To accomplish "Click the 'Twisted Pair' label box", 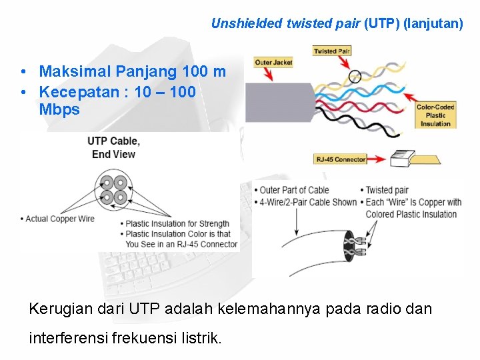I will point(331,51).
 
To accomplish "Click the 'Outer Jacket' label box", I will point(273,63).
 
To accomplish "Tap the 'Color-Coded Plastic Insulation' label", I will point(435,115).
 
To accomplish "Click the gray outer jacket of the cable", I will point(277,102).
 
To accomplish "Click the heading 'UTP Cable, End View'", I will point(113,147).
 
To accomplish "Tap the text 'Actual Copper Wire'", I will point(59,219).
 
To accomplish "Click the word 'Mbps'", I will point(59,109).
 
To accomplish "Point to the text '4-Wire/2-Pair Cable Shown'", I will point(308,203).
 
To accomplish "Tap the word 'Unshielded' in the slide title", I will point(246,23).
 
